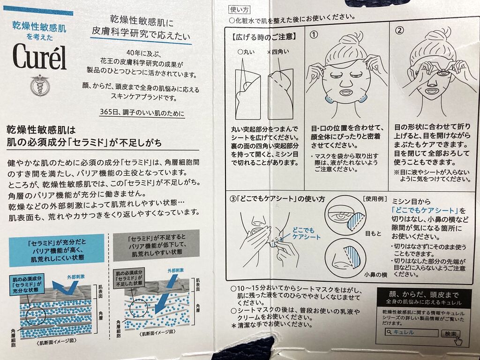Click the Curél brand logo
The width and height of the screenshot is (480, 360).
pos(39,57)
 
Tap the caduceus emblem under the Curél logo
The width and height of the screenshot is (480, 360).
pos(40,85)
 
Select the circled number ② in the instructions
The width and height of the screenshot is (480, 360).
pos(399,30)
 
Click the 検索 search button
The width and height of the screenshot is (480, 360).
pos(450,334)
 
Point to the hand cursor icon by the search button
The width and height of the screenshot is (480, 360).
pos(458,340)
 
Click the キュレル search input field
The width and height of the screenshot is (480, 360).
pos(412,332)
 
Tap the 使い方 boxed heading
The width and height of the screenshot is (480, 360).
pos(240,10)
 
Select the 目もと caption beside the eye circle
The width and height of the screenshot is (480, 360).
pos(373,233)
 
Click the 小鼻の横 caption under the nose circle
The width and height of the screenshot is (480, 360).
pos(375,275)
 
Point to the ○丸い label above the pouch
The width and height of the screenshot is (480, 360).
pos(246,52)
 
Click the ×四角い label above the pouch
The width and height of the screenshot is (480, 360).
pos(277,52)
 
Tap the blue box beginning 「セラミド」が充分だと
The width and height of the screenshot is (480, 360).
pos(57,250)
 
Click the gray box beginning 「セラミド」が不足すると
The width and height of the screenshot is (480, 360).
pos(156,246)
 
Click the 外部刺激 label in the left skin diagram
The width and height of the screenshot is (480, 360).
pos(76,277)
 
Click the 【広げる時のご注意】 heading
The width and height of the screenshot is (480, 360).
pos(264,37)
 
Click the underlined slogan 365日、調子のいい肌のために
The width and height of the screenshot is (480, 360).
pos(142,112)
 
